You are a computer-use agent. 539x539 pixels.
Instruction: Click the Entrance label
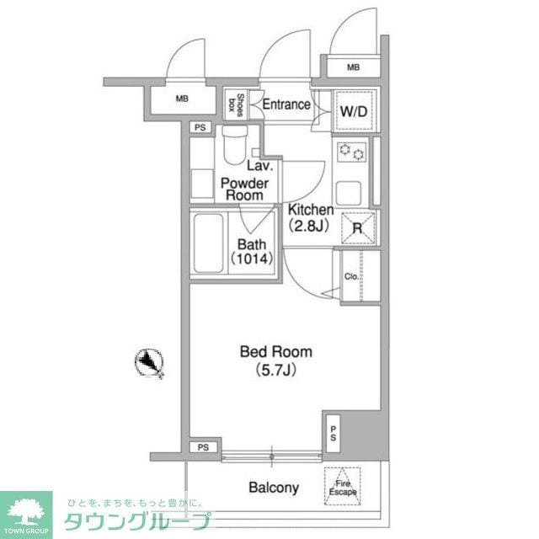(x=286, y=105)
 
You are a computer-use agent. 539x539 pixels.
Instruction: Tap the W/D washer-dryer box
(x=352, y=110)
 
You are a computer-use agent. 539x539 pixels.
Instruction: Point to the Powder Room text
(x=244, y=189)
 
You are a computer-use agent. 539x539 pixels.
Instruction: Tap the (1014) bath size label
(x=250, y=259)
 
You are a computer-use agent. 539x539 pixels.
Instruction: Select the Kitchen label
(x=311, y=210)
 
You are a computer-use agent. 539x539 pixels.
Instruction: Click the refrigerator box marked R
(x=356, y=227)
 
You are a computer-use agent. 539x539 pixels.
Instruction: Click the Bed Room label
(x=276, y=352)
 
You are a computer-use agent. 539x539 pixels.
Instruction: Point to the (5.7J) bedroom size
(x=276, y=369)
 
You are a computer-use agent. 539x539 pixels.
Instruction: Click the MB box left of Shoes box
(x=182, y=99)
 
